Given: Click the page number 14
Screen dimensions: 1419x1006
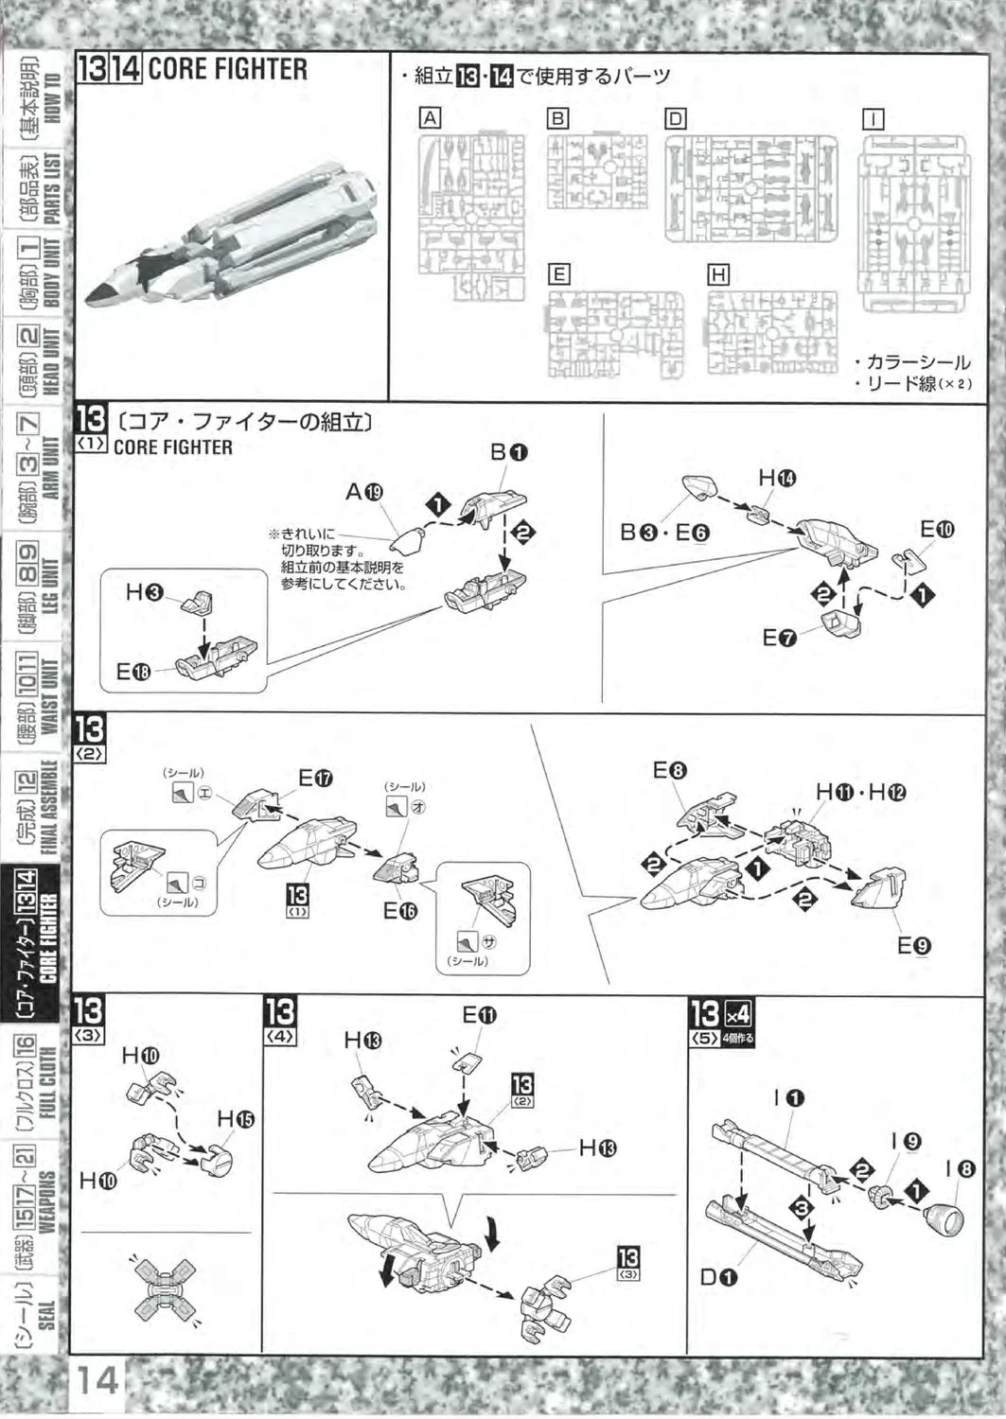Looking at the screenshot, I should click(x=97, y=1380).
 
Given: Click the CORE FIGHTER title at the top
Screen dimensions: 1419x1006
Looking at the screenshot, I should click(x=227, y=69).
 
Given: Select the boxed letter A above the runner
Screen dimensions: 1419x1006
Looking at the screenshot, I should click(x=431, y=118).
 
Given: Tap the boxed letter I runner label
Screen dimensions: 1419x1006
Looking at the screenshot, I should click(x=873, y=119).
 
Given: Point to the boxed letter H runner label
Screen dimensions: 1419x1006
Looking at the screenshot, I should click(x=718, y=274).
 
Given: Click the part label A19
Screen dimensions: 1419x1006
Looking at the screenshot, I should click(x=364, y=492).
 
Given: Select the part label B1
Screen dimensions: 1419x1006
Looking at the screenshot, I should click(x=508, y=452).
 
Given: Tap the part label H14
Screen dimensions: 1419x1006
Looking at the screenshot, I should click(x=777, y=479).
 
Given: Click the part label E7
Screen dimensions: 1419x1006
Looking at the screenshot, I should click(x=780, y=638).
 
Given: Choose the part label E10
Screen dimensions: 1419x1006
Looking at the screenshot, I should click(x=937, y=530).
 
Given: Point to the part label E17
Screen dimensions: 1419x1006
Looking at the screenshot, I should click(x=315, y=779).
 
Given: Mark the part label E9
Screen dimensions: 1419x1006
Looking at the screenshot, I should click(x=914, y=945).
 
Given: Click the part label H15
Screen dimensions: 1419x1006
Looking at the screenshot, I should click(x=236, y=1120).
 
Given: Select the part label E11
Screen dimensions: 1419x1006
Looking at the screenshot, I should click(x=479, y=1016).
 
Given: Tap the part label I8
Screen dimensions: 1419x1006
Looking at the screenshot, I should click(x=960, y=1168).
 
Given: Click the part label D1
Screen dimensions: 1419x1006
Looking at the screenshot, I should click(x=718, y=1278).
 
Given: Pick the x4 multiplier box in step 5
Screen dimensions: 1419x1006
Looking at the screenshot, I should click(x=737, y=1013).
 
